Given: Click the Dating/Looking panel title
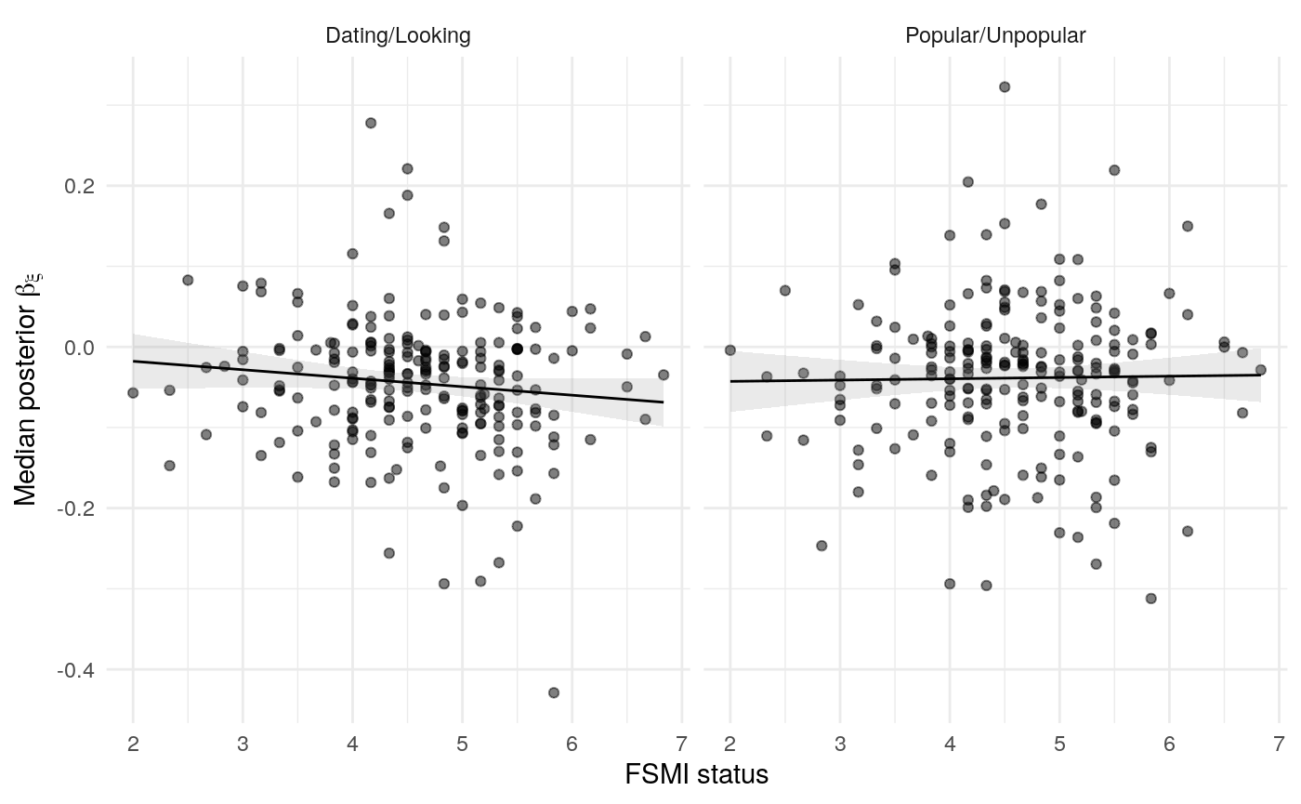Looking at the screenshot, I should tap(398, 36).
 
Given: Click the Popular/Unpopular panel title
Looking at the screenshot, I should tap(995, 36).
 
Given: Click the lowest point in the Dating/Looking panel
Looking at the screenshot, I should tap(554, 692).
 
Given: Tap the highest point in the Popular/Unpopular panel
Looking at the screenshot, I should tap(1005, 86).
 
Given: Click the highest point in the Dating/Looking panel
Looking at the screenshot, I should tap(371, 123).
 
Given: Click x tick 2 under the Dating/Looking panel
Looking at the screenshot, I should tap(133, 744).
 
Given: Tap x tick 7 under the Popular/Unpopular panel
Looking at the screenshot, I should tap(1279, 744).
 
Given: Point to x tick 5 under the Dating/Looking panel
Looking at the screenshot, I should tap(462, 744).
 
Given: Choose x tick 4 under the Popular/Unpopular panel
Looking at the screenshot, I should tap(950, 744).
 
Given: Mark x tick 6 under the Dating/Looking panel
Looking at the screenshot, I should tap(572, 744).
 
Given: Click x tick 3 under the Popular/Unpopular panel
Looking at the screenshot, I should tap(840, 744).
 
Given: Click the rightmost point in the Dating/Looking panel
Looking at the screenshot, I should tap(664, 375).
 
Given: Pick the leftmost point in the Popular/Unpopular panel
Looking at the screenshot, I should tap(730, 350).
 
